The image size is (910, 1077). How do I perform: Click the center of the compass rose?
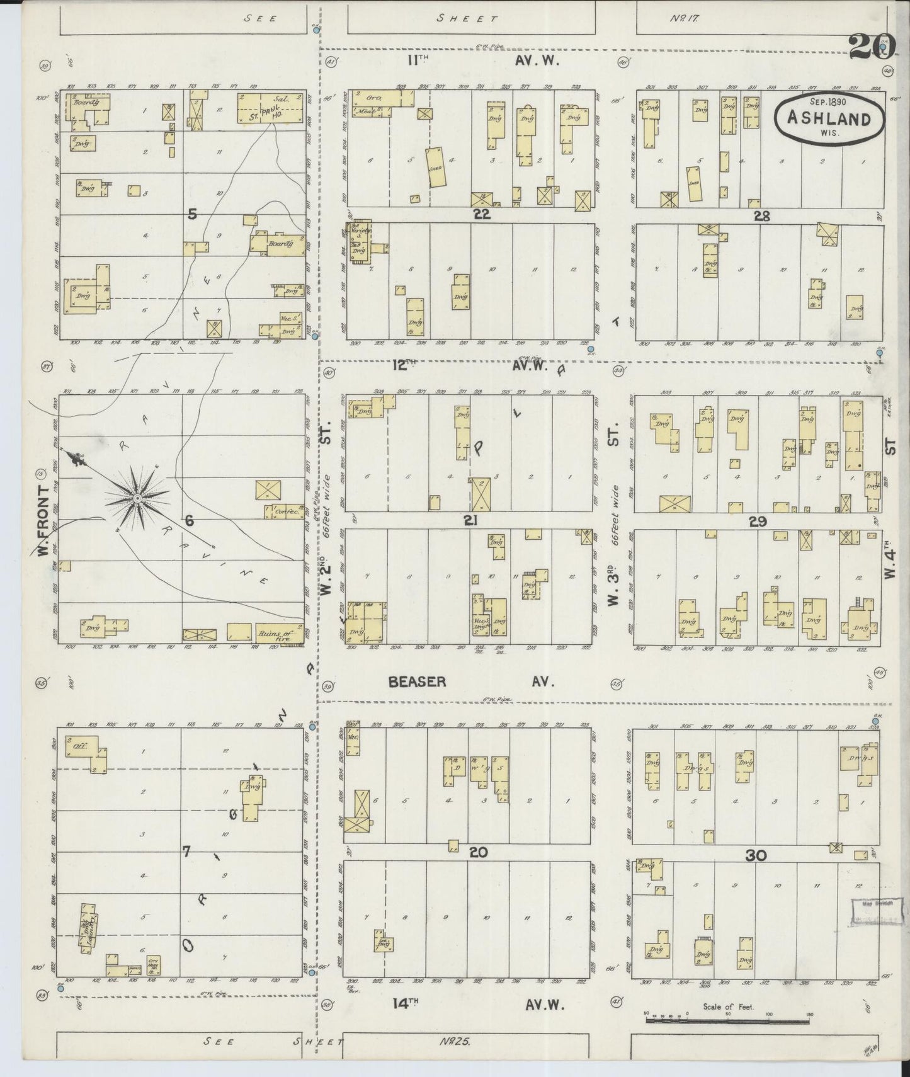(x=137, y=498)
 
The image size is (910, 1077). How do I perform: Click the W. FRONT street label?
(x=43, y=521)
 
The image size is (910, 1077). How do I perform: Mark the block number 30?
(x=755, y=855)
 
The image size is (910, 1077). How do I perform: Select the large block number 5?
(x=192, y=215)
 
